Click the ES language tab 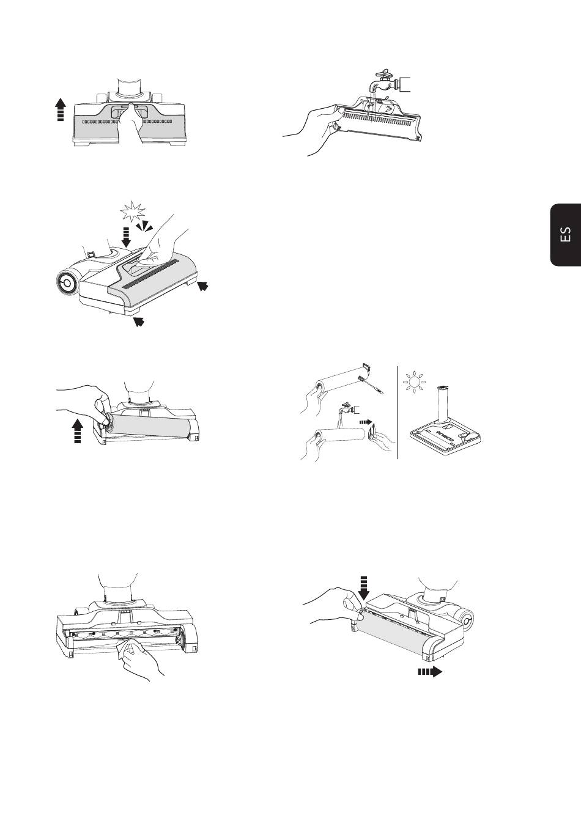[566, 234]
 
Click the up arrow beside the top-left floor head [61, 109]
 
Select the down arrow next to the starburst [126, 237]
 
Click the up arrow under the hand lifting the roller [78, 431]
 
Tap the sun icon [414, 382]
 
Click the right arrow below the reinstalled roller [430, 672]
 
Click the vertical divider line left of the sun [398, 413]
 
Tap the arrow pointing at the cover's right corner [203, 285]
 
